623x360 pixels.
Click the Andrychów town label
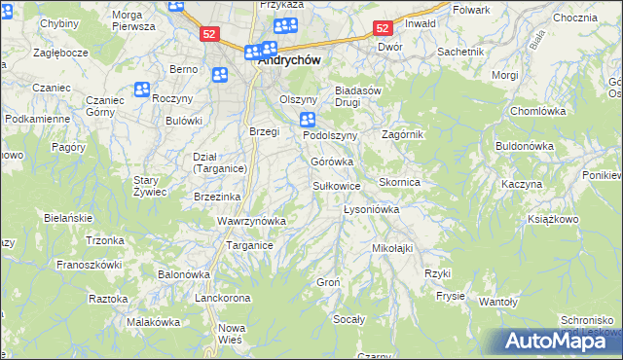(291, 58)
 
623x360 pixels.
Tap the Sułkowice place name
(337, 185)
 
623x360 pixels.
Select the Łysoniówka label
(372, 209)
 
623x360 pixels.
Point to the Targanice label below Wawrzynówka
(249, 245)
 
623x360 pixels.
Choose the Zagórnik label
(403, 134)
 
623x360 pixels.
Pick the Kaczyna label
(521, 184)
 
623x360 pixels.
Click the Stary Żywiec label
(151, 186)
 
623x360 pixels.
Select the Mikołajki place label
(392, 248)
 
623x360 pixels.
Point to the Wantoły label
(498, 302)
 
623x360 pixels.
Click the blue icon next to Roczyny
(142, 90)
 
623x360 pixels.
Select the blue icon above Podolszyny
(308, 120)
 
